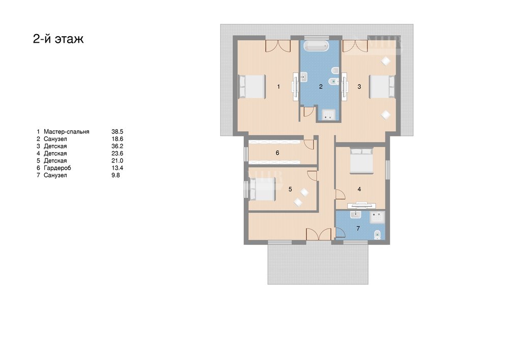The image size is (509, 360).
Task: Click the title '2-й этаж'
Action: [x=59, y=39]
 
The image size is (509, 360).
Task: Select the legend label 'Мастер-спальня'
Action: [x=67, y=132]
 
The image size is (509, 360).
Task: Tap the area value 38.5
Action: [x=117, y=132]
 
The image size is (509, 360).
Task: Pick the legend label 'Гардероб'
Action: [x=57, y=168]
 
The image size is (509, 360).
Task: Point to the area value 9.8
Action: [x=116, y=175]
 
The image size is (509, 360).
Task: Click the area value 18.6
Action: [x=117, y=139]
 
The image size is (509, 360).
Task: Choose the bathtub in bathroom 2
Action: [x=317, y=46]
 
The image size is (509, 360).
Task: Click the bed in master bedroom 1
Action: [x=252, y=87]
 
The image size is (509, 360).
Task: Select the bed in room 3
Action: [x=382, y=87]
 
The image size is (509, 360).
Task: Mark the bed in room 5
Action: [x=262, y=189]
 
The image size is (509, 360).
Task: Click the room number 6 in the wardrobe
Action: [x=277, y=153]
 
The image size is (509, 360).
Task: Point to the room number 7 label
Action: [x=358, y=229]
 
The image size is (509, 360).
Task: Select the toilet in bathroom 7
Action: [x=377, y=234]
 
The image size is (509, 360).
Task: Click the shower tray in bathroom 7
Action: [x=378, y=217]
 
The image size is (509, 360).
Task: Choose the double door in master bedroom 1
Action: [x=278, y=46]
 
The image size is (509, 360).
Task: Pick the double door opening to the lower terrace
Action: [x=319, y=234]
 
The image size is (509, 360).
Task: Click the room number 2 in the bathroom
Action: [x=321, y=87]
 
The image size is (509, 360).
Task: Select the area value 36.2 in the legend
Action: [x=117, y=147]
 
